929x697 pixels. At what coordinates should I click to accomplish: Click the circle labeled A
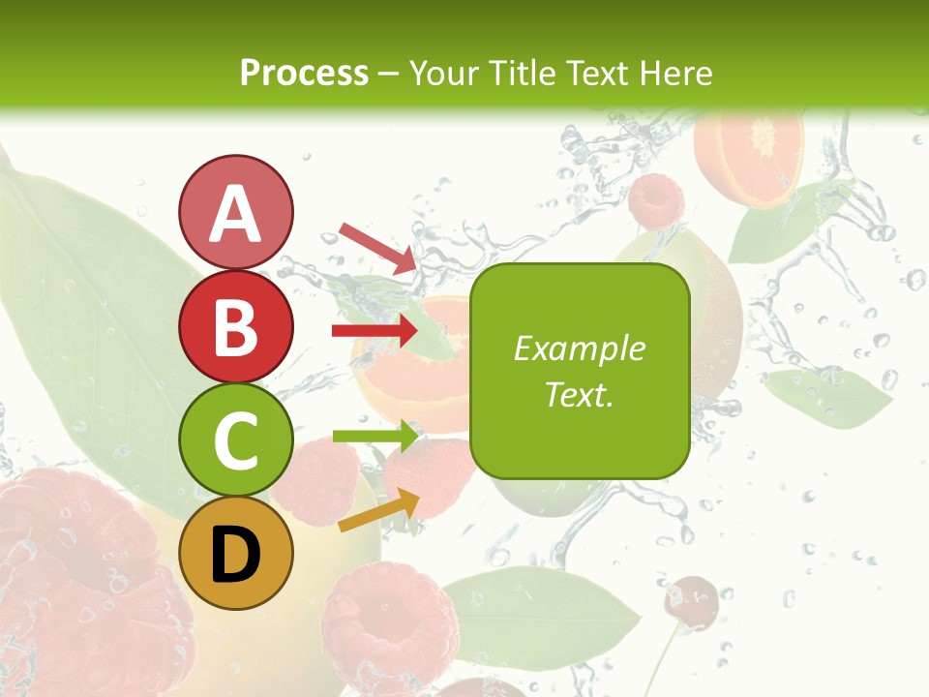[235, 212]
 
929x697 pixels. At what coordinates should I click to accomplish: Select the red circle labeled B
[235, 326]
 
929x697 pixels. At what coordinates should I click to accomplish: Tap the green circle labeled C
[235, 439]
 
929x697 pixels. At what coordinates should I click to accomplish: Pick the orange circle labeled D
[235, 553]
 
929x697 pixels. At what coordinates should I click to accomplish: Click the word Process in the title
[304, 73]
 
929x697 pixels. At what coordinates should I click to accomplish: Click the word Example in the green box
[579, 348]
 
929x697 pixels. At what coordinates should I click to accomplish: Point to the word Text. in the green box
[579, 394]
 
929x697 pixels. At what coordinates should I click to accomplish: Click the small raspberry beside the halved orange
[656, 200]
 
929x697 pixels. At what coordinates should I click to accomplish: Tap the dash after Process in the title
[389, 74]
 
